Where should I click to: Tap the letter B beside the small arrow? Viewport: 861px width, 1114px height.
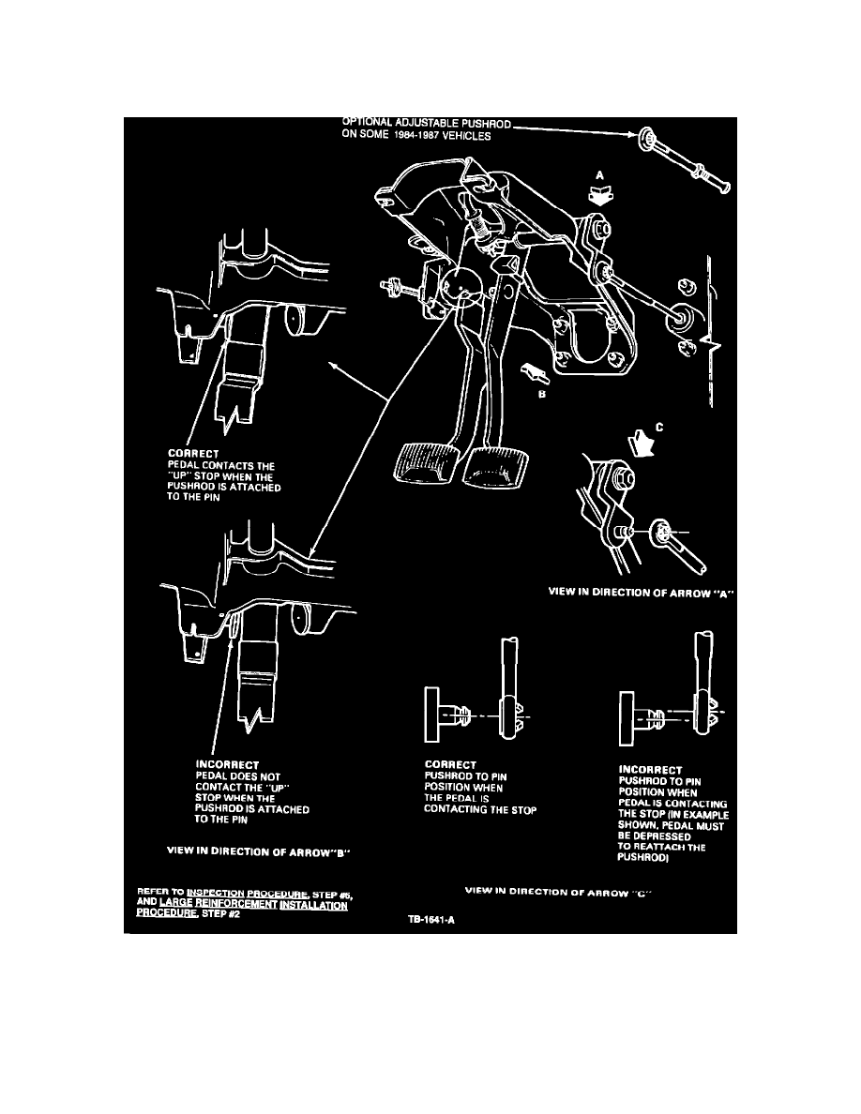[x=542, y=395]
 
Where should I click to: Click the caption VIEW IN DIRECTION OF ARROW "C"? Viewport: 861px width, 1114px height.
[x=559, y=890]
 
